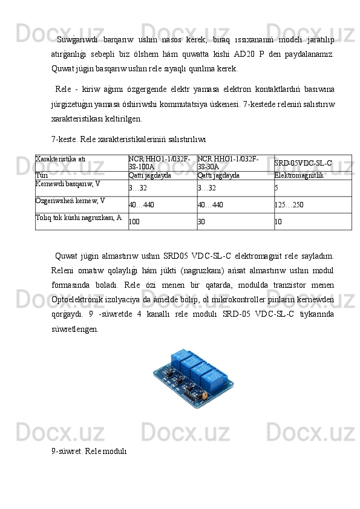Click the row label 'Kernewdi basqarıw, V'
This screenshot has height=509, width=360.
point(68,183)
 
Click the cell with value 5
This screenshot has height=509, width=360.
point(277,188)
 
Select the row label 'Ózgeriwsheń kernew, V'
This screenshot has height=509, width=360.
point(70,199)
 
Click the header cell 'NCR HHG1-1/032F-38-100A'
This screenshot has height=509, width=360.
point(160,162)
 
